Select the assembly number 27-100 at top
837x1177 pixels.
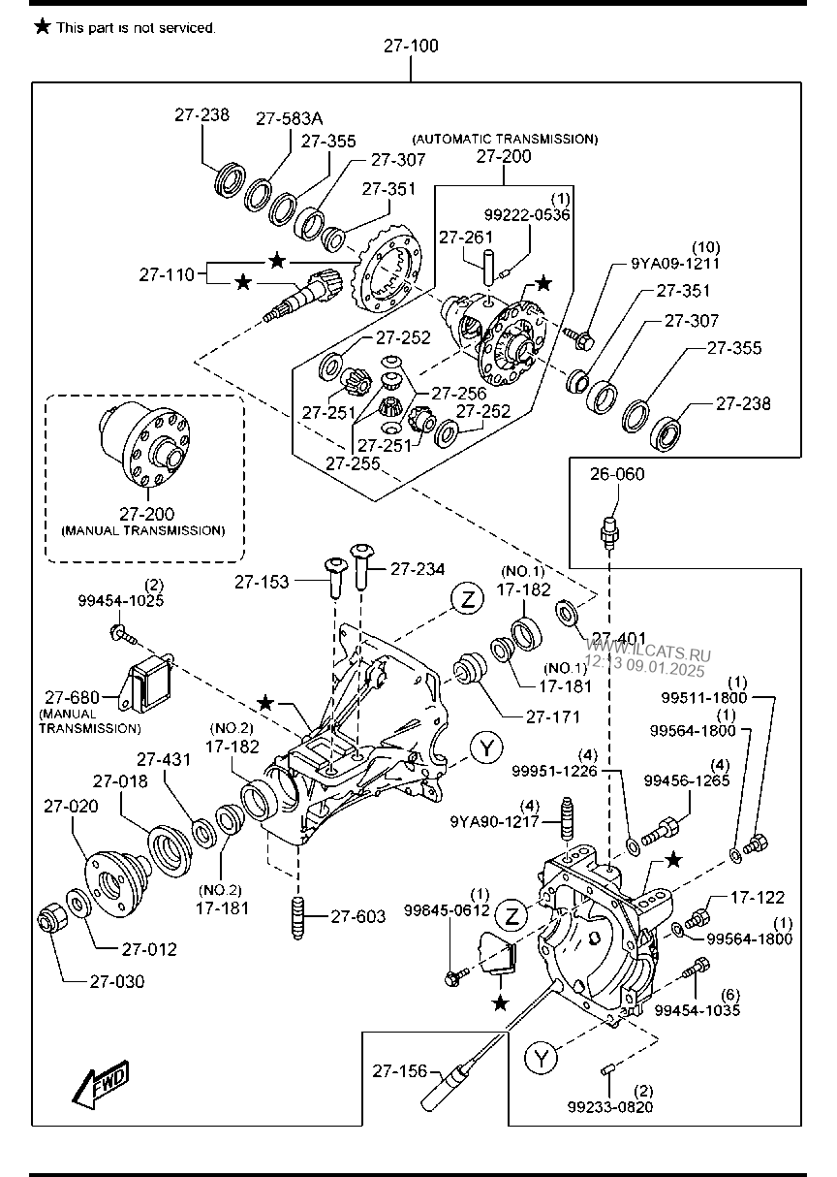click(411, 47)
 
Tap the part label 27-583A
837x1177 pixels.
click(289, 118)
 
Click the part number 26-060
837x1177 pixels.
click(616, 475)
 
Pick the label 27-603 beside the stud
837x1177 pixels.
click(357, 916)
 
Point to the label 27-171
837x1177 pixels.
click(552, 716)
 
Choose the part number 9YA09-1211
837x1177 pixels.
click(675, 262)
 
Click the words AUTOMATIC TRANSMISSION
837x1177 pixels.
click(505, 139)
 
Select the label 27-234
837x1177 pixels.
click(418, 570)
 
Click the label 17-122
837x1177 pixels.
click(758, 898)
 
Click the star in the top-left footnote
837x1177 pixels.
click(43, 27)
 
